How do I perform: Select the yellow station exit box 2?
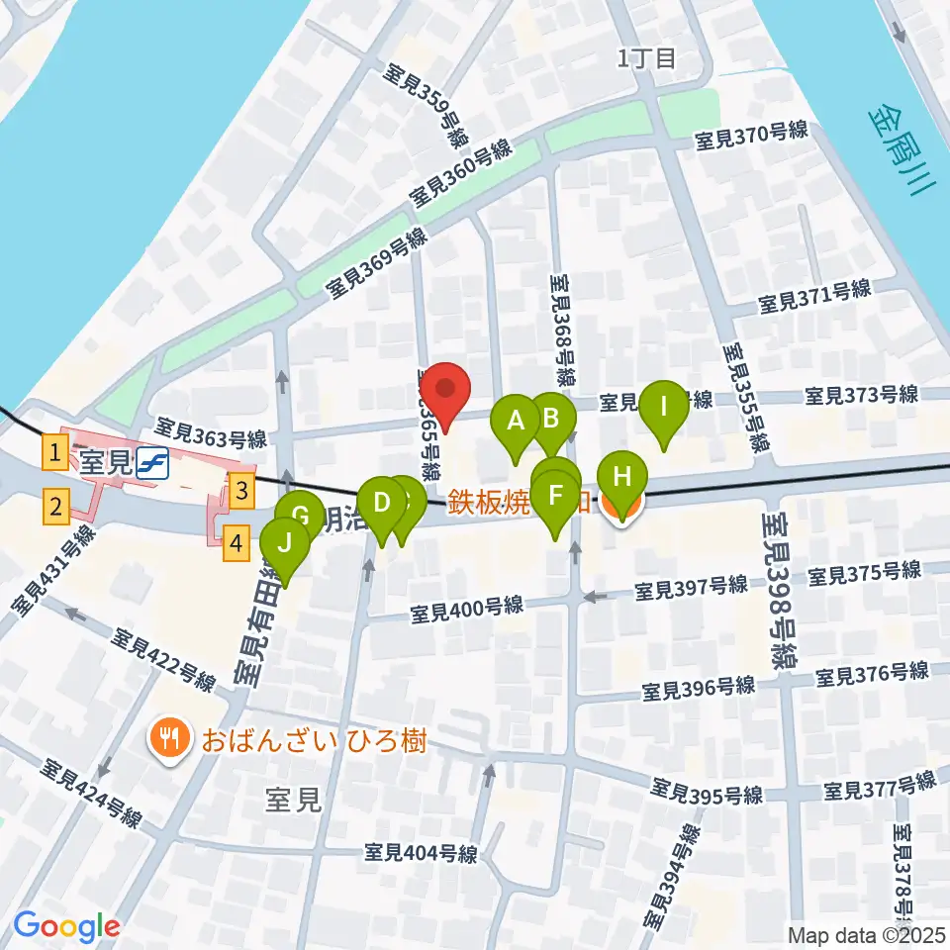56,508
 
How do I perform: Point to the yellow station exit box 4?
236,543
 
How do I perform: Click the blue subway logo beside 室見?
152,461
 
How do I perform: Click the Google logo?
67,925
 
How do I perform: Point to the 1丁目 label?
646,58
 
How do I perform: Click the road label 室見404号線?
421,852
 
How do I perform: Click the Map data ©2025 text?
867,934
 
